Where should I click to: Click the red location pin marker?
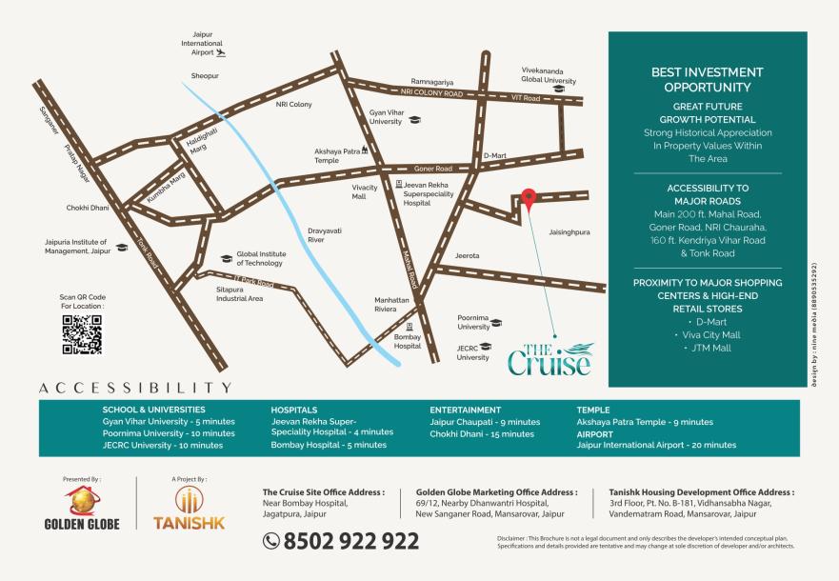[x=529, y=197]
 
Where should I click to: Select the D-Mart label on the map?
[x=495, y=155]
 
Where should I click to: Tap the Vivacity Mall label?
[x=365, y=191]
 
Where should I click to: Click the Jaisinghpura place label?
[x=569, y=230]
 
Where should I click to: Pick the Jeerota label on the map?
[x=467, y=255]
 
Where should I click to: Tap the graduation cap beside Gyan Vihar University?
[x=414, y=121]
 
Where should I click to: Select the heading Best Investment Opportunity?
[x=707, y=79]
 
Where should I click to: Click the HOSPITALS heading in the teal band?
[x=293, y=410]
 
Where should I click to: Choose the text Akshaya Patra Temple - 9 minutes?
[x=644, y=422]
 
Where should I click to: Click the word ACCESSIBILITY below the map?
[x=135, y=388]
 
